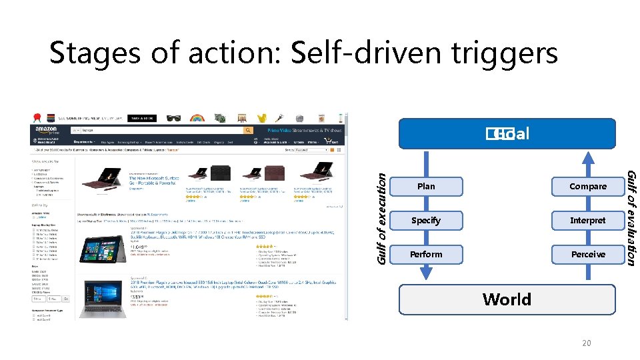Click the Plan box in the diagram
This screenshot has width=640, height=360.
pos(425,187)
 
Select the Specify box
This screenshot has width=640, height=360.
pos(425,221)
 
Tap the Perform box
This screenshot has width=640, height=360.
pos(425,255)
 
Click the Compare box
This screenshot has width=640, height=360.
pos(587,187)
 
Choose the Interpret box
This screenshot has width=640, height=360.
pos(587,221)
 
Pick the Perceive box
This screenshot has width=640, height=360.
pos(587,255)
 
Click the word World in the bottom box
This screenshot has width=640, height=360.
pos(507,299)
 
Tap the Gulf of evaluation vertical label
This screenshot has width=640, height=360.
pos(631,217)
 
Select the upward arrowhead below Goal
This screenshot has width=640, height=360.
pos(587,158)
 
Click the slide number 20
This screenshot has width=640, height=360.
pos(587,343)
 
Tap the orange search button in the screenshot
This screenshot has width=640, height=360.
pos(248,131)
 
